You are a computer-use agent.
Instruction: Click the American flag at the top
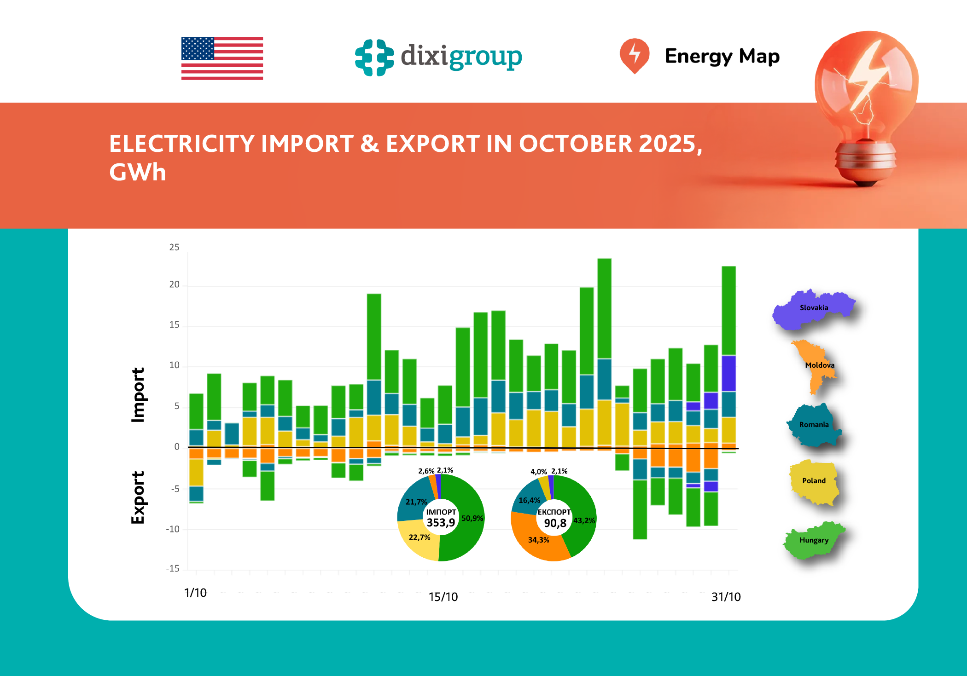222,58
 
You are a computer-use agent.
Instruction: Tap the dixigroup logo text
461,57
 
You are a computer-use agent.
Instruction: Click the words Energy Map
722,56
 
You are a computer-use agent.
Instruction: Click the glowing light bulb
866,101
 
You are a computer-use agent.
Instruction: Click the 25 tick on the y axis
174,247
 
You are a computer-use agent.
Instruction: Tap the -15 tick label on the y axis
173,569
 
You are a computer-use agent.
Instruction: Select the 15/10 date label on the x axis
443,597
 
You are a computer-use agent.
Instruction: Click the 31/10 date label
726,597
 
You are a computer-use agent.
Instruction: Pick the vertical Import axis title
138,394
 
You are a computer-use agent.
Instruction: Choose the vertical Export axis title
138,497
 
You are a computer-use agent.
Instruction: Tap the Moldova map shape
815,366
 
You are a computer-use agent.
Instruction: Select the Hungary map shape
813,541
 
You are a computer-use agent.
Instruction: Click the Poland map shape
813,482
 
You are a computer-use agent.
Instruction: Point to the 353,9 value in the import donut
441,523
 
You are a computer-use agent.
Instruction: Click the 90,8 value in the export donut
555,523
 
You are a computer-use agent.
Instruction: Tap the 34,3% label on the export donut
538,540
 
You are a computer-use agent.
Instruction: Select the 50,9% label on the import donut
472,518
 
